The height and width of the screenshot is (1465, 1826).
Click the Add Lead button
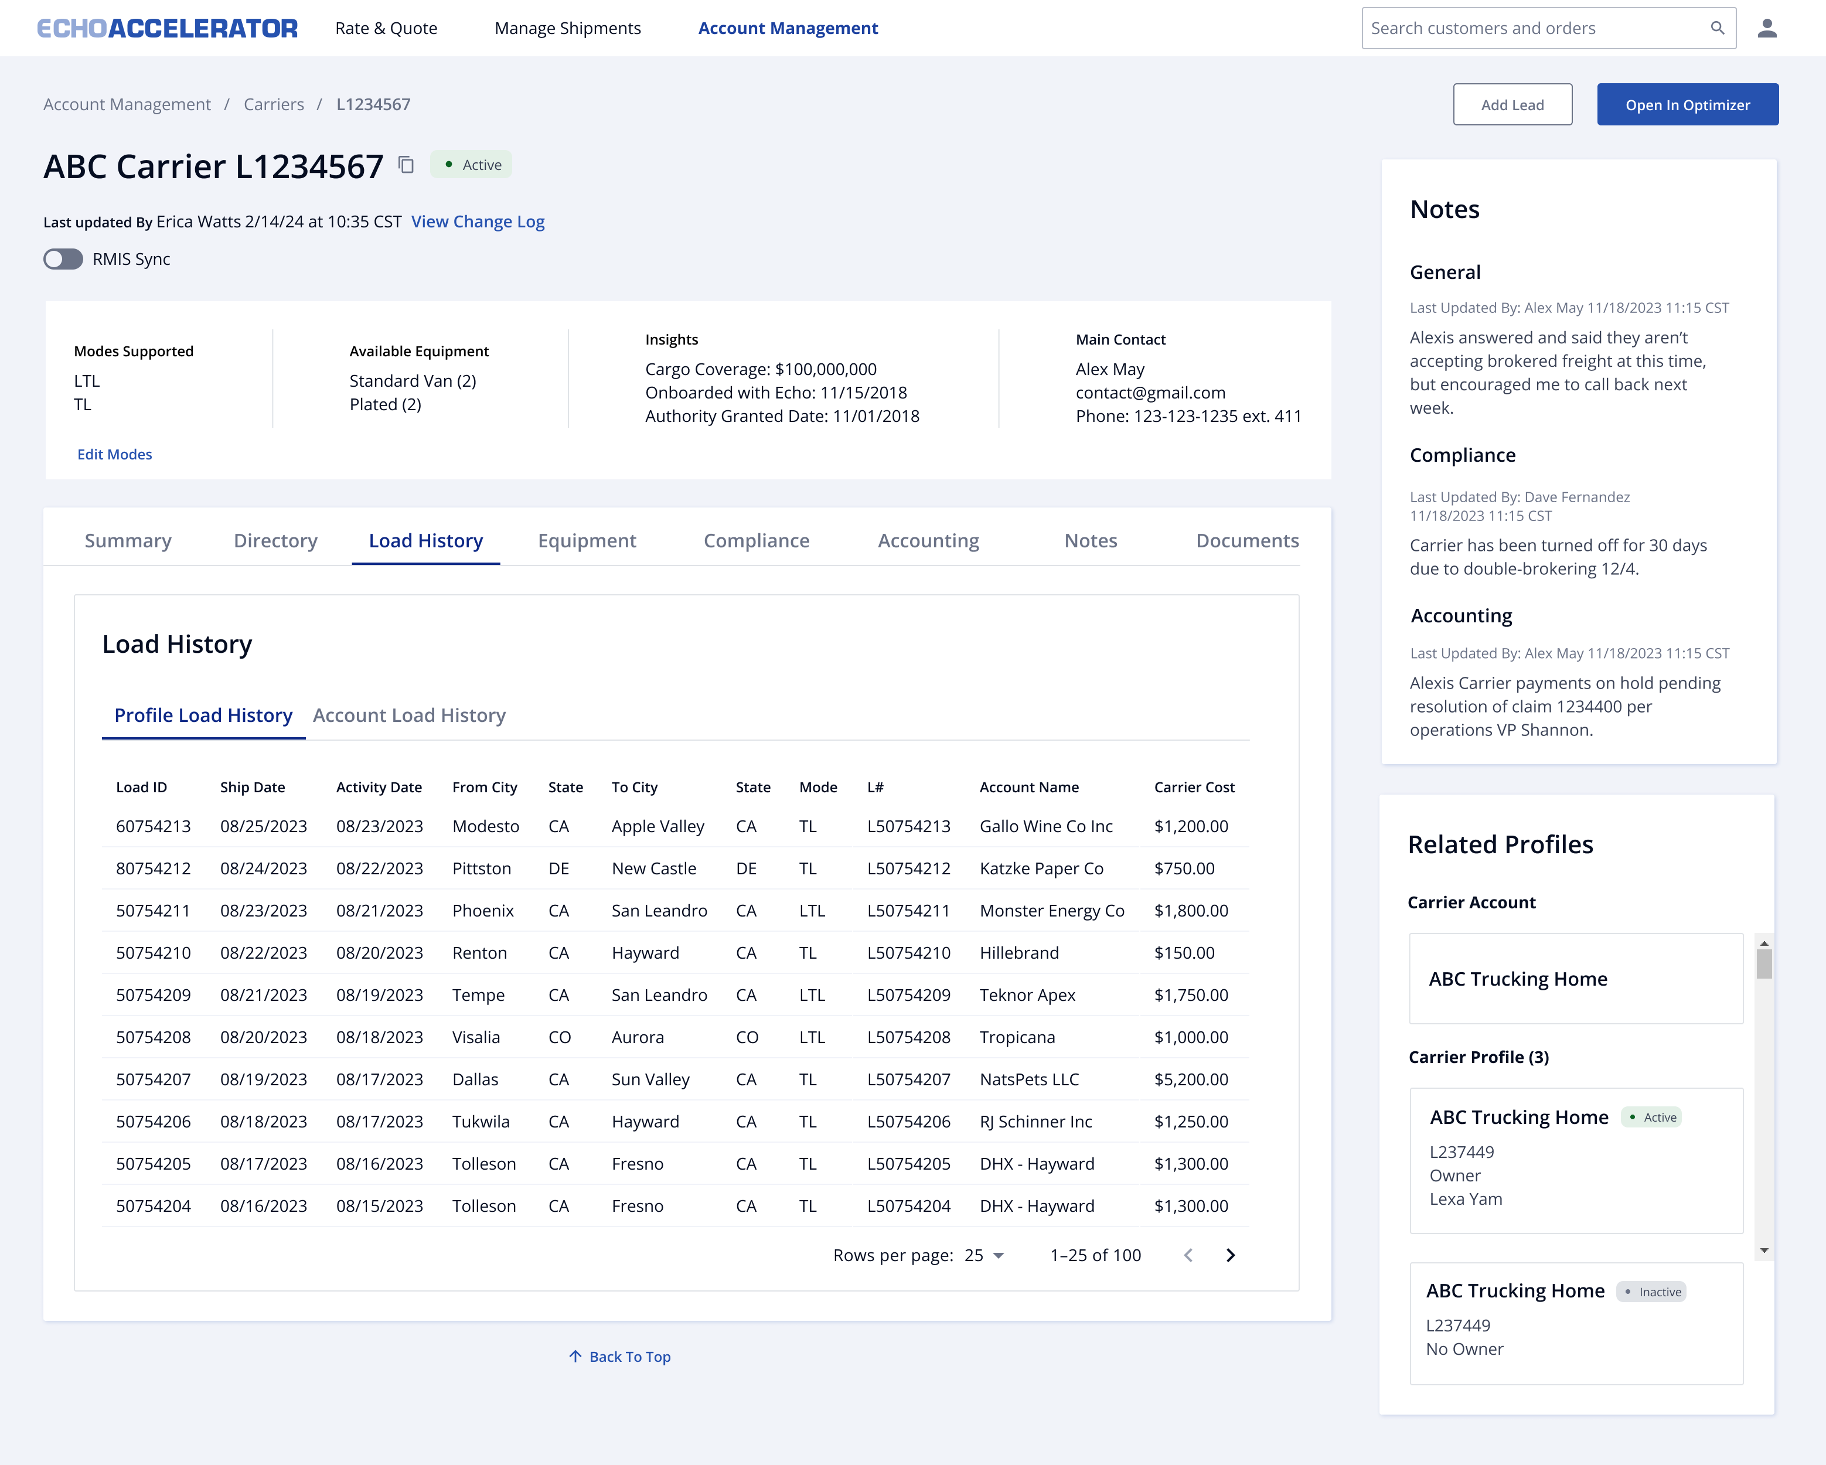(1512, 105)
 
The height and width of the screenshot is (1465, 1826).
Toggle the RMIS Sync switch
(63, 259)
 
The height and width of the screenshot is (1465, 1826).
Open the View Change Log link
(478, 222)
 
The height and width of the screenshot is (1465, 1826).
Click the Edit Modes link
(114, 455)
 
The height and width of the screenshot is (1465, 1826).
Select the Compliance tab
(757, 541)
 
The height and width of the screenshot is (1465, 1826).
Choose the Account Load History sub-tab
(409, 716)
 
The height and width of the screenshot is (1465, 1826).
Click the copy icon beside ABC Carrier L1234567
(407, 165)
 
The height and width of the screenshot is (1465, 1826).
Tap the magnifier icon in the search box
(1717, 28)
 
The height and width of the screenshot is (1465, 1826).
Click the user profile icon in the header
(1767, 28)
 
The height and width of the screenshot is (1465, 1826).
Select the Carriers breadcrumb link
(274, 105)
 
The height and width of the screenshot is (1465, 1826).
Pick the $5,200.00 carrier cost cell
(1191, 1079)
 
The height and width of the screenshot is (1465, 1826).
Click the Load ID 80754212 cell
(154, 869)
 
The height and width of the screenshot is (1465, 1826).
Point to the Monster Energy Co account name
(1052, 911)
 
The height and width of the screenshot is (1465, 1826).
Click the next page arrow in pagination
(1231, 1256)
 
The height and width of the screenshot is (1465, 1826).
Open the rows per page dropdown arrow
(999, 1256)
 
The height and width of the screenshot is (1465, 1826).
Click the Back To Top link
(620, 1357)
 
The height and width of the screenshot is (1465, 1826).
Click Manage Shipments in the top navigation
(567, 28)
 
